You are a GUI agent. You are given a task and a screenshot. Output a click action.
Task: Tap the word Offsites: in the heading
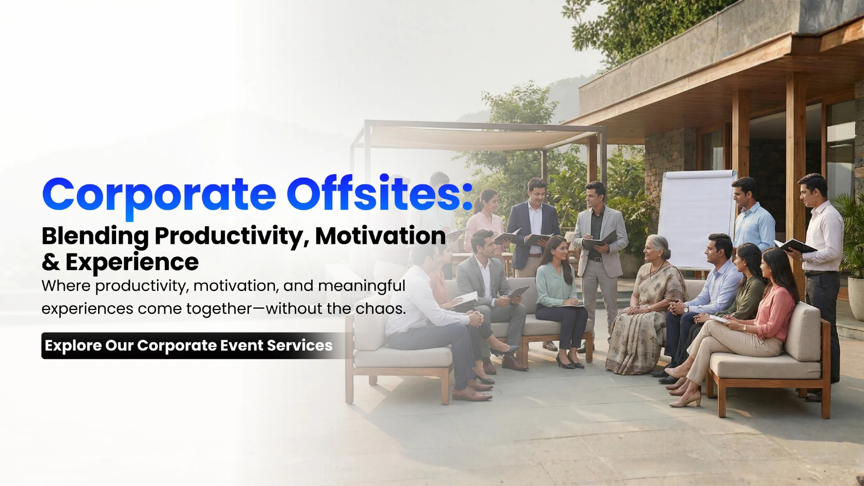point(379,194)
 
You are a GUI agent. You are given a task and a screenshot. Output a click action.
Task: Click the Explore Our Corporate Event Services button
point(189,346)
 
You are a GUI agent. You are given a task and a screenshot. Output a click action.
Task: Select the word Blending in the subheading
point(95,236)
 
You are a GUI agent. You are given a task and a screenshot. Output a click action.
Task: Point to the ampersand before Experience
point(50,262)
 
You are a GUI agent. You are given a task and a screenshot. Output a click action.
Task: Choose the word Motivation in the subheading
point(380,236)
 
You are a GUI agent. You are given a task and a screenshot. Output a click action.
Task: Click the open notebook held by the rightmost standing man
point(796,246)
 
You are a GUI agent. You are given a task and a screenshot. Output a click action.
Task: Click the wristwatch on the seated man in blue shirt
point(685,309)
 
